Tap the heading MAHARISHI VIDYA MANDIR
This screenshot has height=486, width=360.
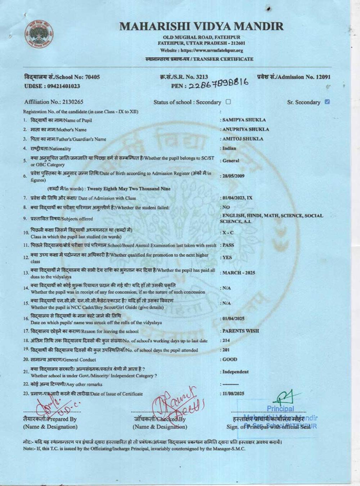click(x=201, y=26)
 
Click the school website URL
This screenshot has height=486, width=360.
click(x=201, y=50)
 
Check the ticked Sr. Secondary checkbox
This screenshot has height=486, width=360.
click(x=327, y=102)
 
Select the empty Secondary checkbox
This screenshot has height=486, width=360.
click(x=228, y=102)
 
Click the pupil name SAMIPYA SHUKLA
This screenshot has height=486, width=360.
click(x=244, y=120)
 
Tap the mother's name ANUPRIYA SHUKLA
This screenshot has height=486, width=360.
click(x=246, y=129)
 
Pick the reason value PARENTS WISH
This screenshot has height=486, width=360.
click(x=240, y=331)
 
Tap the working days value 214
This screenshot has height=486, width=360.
click(x=226, y=340)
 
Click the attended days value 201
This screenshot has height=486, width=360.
click(x=226, y=350)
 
